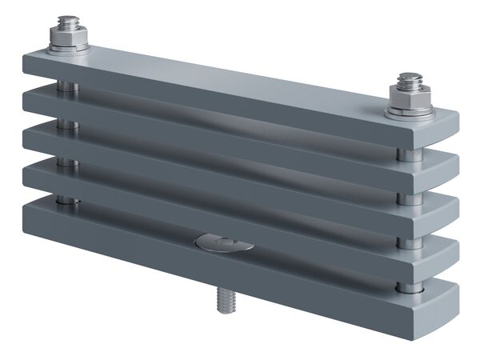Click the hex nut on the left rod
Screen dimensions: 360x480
[x=68, y=38]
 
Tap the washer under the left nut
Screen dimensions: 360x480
[x=67, y=50]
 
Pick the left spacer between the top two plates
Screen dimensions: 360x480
[x=68, y=86]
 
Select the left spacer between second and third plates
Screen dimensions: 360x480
[x=68, y=124]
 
